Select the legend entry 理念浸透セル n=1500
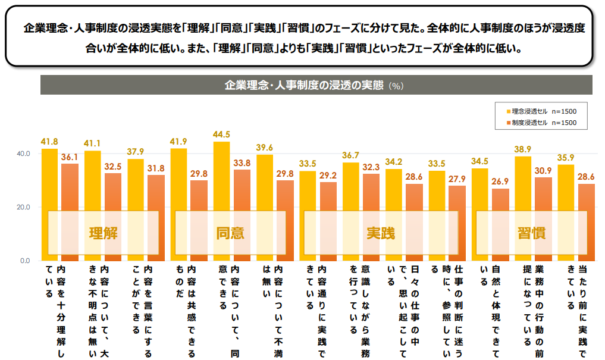pos(541,111)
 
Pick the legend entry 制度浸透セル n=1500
pos(541,123)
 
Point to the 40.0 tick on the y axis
pos(23,154)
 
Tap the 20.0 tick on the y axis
pos(23,207)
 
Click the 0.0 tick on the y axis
pos(26,261)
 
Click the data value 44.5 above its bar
pos(221,134)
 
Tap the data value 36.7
pos(350,155)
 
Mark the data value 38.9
pos(522,149)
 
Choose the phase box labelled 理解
pos(103,232)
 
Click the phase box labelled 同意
pos(230,232)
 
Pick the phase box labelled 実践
pos(380,232)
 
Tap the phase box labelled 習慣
pos(531,232)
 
